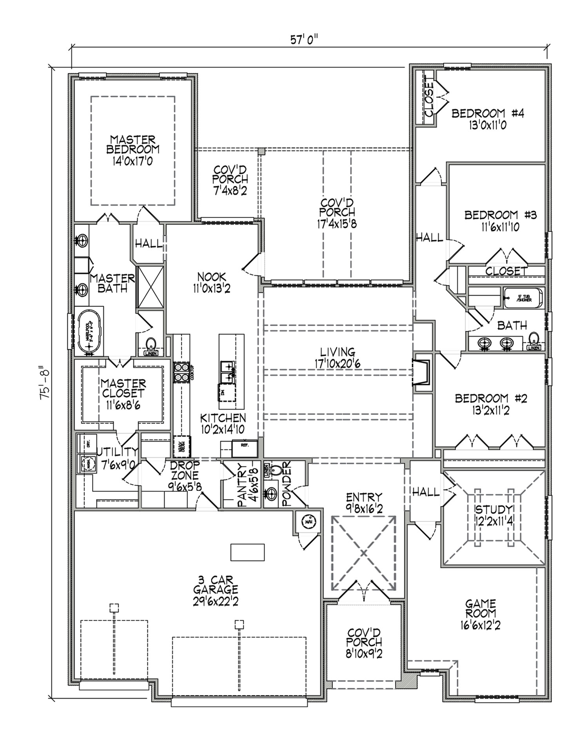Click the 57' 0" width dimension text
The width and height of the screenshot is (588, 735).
303,40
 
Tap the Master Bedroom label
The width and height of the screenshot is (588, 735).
132,145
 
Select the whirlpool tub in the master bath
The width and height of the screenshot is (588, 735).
89,332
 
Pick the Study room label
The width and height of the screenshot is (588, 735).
494,510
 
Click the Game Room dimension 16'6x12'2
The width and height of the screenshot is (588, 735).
481,625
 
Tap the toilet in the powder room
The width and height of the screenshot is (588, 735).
277,470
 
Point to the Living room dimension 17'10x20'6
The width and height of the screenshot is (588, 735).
338,364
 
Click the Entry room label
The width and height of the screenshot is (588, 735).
364,497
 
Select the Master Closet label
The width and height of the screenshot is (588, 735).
123,388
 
